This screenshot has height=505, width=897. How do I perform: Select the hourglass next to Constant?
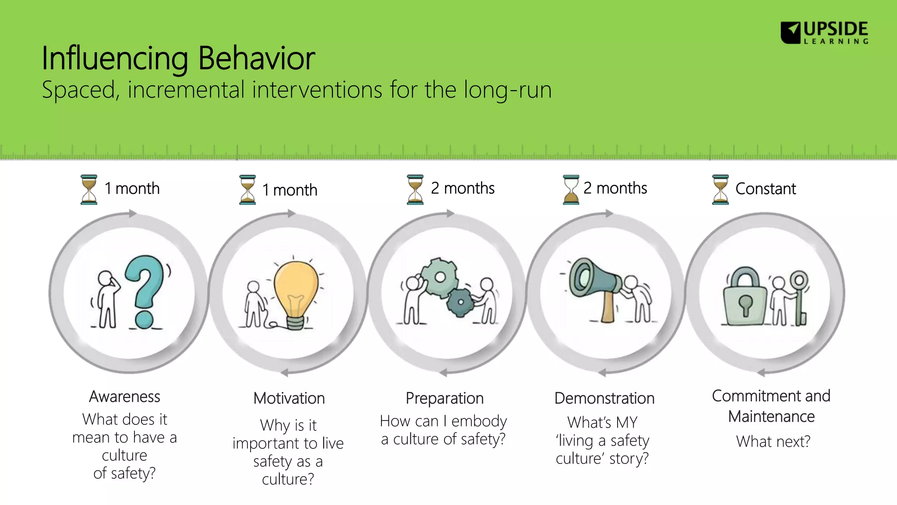pos(720,189)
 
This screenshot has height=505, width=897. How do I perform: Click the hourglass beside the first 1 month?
pos(89,189)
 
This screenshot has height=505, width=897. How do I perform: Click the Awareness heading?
pos(125,397)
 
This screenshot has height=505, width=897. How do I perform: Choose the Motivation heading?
pos(289,398)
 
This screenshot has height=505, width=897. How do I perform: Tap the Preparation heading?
pos(445,398)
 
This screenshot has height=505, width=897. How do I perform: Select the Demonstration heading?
pos(604,398)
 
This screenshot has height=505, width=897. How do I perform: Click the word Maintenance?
pos(771,416)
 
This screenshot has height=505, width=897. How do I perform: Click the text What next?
pos(773,441)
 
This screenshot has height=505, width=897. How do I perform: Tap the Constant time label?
pos(765,189)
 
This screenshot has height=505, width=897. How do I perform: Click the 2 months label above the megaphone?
pos(615,188)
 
